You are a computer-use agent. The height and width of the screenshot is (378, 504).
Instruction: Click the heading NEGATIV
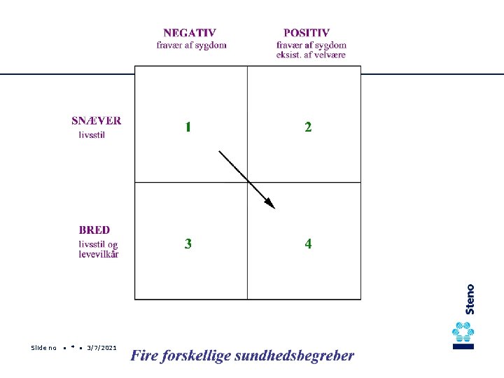coord(189,33)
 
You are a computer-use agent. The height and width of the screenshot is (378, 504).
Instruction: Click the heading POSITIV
coord(307,33)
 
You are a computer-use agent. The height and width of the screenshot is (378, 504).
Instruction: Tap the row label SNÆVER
coord(96,120)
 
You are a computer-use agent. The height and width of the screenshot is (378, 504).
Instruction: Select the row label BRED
coord(94,230)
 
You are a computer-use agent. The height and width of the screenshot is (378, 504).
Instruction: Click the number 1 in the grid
coord(188,127)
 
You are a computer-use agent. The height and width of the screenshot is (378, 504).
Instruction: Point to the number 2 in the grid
coord(308,127)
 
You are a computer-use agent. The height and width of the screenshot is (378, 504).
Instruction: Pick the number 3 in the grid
coord(188,244)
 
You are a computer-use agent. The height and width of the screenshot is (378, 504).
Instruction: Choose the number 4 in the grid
coord(308,244)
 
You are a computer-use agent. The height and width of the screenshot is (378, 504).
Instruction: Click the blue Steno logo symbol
coord(463,335)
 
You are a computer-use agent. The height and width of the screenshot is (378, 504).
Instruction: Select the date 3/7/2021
coord(101,348)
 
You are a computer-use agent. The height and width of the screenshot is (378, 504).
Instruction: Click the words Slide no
coord(43,348)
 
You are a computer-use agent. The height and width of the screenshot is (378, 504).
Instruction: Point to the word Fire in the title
coord(143,356)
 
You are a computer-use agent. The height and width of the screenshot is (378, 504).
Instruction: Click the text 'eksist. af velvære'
coord(311,55)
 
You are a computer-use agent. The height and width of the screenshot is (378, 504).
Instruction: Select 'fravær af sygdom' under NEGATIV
coord(191,45)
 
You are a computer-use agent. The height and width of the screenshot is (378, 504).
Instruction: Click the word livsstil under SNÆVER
coord(92,135)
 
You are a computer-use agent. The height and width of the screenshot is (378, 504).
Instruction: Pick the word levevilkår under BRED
coord(98,254)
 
